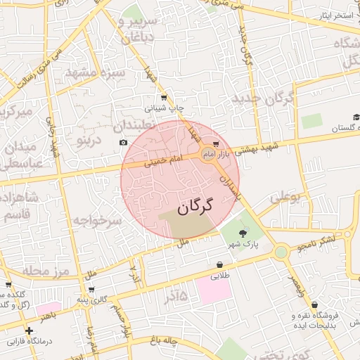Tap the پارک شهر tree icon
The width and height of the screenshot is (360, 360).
[243, 233]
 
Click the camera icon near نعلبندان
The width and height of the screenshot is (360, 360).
[124, 143]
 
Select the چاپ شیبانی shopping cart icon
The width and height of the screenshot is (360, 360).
[164, 98]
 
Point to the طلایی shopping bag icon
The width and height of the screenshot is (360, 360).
[220, 265]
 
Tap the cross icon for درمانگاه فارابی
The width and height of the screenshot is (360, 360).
[29, 330]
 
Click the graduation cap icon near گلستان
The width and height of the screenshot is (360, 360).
[356, 117]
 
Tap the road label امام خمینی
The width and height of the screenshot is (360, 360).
[162, 161]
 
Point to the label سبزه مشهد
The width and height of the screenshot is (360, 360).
[95, 72]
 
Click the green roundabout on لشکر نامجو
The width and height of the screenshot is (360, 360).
[281, 252]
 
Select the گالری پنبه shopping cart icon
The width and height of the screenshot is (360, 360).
[91, 289]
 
